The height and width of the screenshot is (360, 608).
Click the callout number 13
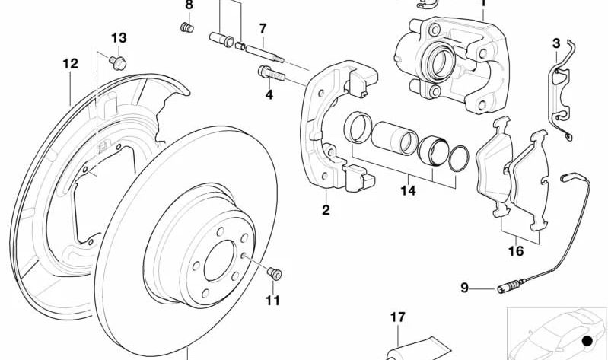119,37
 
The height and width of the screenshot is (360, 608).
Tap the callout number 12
71,65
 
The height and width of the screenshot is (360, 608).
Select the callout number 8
189,5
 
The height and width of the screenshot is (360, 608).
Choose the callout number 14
409,191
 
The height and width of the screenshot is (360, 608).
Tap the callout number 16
516,250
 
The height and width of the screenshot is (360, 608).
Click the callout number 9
464,288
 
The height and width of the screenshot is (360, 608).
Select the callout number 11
272,300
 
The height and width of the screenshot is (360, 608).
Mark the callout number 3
556,43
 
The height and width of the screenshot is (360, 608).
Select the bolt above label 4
271,75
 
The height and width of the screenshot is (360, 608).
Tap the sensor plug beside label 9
506,287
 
